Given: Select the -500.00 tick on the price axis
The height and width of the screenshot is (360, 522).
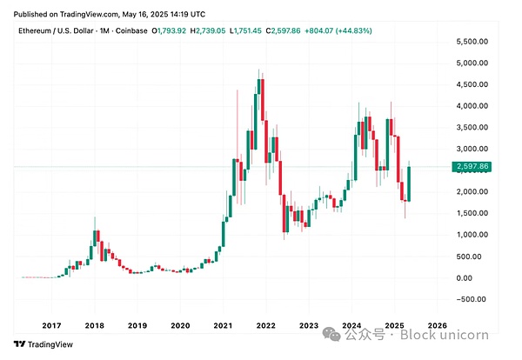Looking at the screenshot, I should click(x=471, y=299).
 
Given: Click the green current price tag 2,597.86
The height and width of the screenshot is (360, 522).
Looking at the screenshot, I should click(x=473, y=166).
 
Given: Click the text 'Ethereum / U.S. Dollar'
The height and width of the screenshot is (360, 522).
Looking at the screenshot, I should click(x=54, y=30).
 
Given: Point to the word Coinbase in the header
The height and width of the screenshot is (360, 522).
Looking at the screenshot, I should click(x=130, y=30).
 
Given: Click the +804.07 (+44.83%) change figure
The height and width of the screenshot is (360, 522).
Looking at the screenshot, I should click(x=341, y=30).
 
